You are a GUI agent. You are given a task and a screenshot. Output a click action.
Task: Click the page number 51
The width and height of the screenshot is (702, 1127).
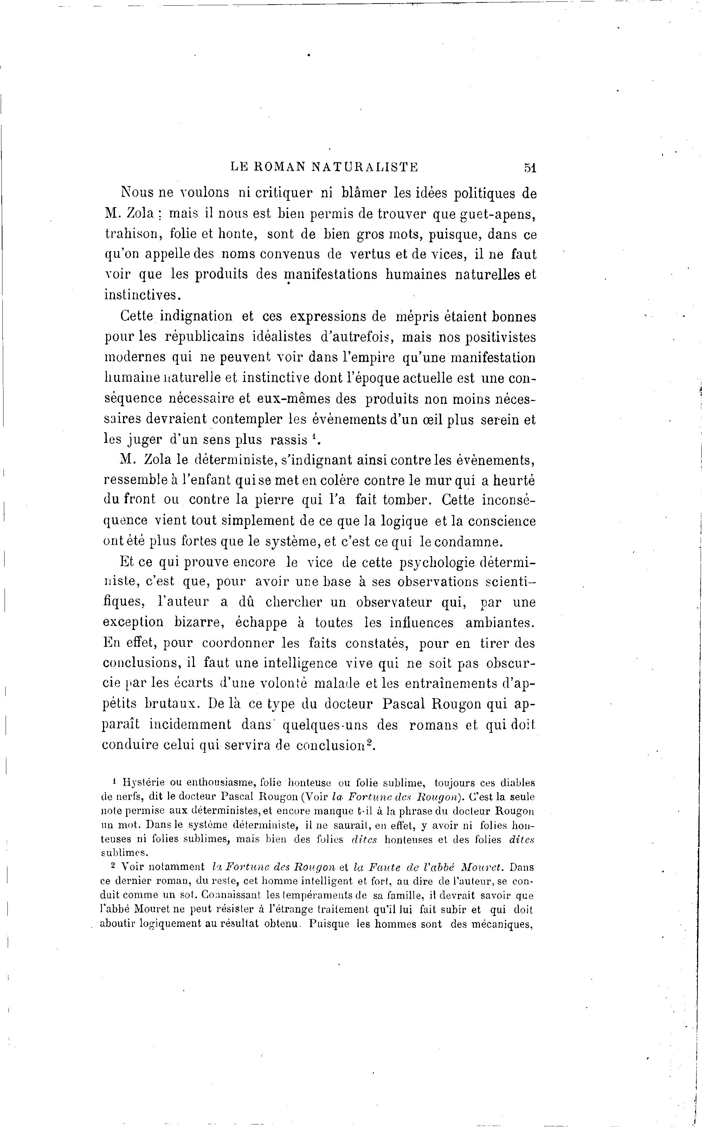pyautogui.click(x=530, y=168)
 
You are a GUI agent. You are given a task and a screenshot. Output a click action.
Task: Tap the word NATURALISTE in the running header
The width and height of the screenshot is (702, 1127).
pyautogui.click(x=365, y=167)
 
